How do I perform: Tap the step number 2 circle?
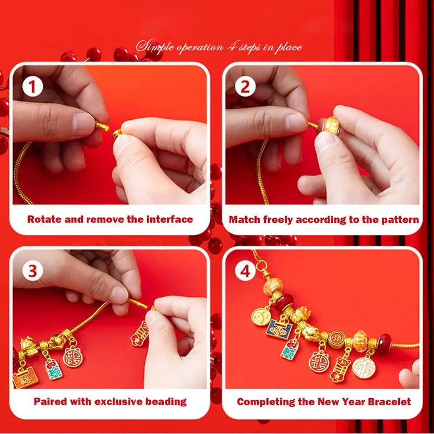(245, 86)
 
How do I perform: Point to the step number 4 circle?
(245, 270)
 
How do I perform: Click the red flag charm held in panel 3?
(141, 332)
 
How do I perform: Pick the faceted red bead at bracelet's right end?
(385, 343)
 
